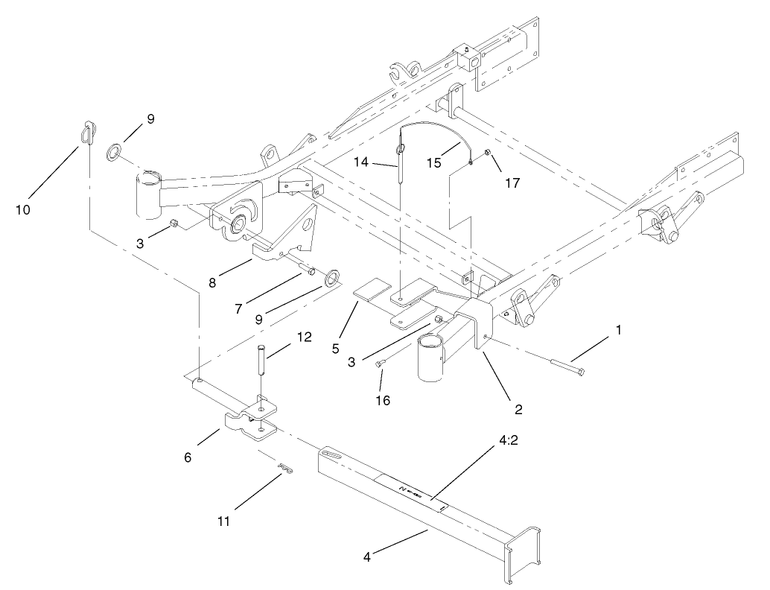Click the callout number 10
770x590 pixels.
(22, 209)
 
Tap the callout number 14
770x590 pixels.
(382, 160)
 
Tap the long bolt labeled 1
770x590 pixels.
(567, 366)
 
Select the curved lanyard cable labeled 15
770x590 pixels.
(439, 137)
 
